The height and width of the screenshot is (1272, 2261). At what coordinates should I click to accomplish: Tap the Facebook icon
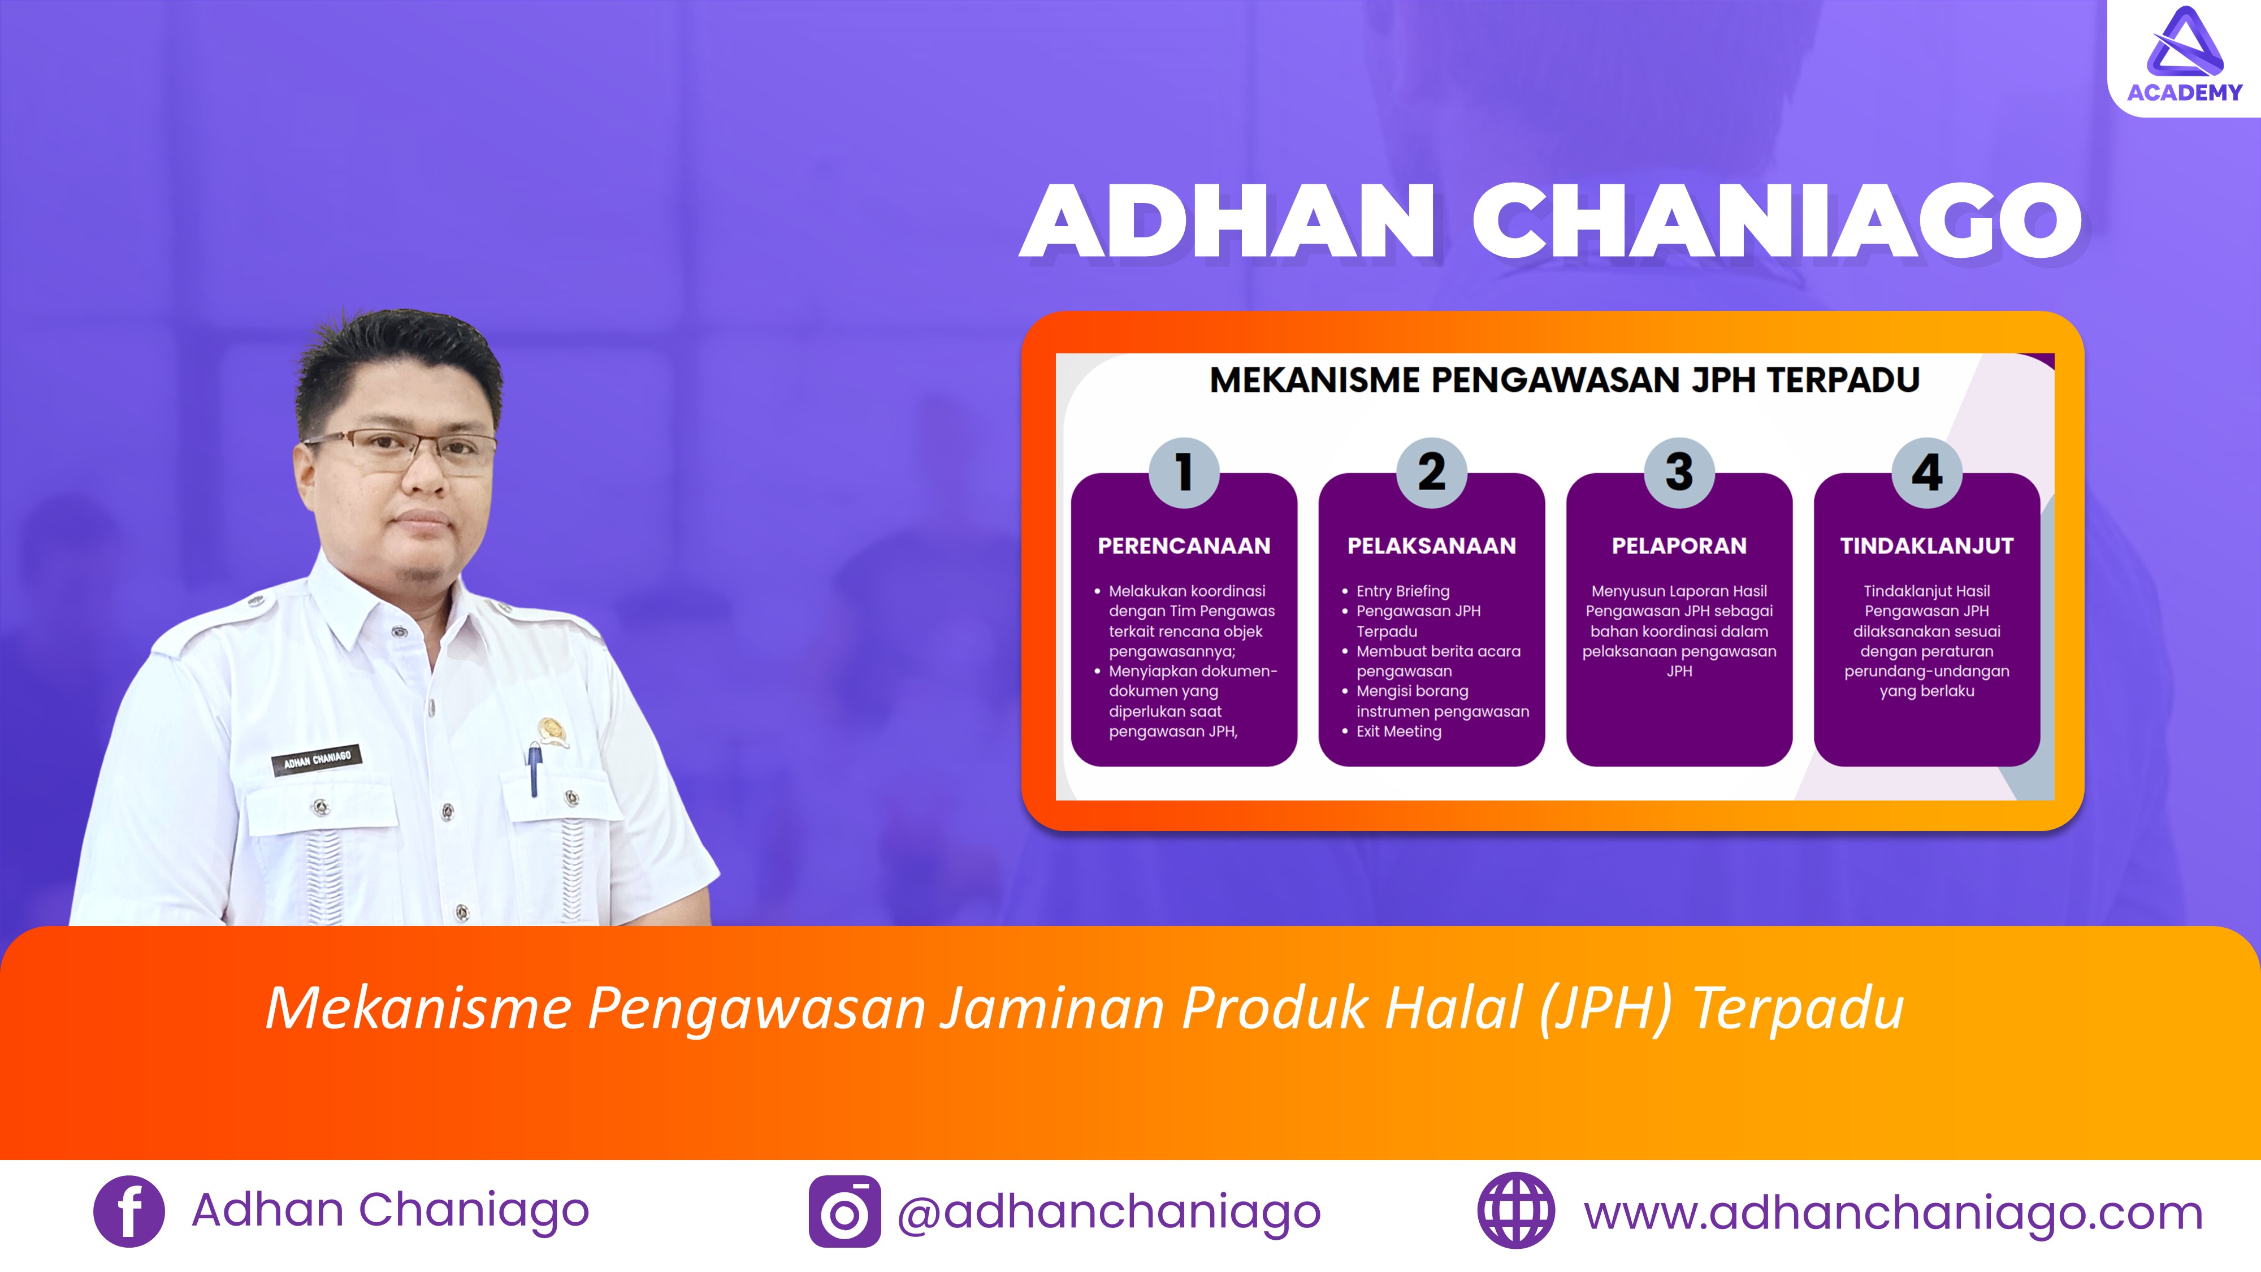click(x=129, y=1212)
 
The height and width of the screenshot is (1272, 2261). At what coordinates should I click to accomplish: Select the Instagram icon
click(x=844, y=1212)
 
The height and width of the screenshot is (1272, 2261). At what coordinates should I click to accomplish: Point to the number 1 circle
click(x=1184, y=472)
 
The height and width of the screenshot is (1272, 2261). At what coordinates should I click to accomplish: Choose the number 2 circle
click(x=1432, y=472)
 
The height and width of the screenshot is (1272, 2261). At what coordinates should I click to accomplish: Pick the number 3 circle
click(x=1679, y=472)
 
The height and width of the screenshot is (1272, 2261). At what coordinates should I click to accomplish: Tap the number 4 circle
click(x=1926, y=472)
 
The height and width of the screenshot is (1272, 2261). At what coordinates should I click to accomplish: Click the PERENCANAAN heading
click(x=1184, y=546)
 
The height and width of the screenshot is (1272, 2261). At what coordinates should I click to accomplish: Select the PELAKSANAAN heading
click(x=1432, y=546)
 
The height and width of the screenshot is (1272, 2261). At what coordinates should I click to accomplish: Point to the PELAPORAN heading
click(x=1679, y=546)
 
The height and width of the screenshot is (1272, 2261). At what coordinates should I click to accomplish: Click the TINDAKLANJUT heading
click(x=1926, y=546)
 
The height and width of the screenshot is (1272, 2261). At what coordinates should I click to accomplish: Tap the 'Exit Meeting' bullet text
click(x=1398, y=731)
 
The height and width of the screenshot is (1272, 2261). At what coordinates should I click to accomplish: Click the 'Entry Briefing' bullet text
click(x=1402, y=591)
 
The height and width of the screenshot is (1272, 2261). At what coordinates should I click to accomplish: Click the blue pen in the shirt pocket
click(x=534, y=768)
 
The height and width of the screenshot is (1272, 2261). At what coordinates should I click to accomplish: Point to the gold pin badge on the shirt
click(x=551, y=730)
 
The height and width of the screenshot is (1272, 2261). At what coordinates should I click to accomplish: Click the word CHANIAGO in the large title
click(x=1777, y=221)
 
